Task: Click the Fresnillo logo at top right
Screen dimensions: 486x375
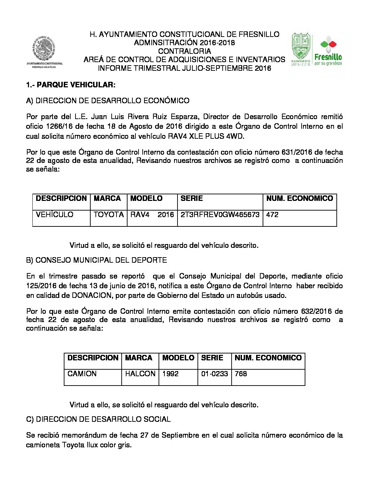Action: pyautogui.click(x=317, y=50)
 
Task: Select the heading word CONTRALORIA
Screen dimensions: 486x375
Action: pyautogui.click(x=184, y=51)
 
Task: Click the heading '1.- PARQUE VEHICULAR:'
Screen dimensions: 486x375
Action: pyautogui.click(x=71, y=85)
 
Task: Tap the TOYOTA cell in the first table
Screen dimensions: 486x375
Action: pyautogui.click(x=109, y=215)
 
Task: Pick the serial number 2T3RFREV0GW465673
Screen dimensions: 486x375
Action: pyautogui.click(x=220, y=215)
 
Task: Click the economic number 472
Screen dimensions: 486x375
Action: pyautogui.click(x=272, y=215)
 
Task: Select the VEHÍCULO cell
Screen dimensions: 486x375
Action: pyautogui.click(x=54, y=215)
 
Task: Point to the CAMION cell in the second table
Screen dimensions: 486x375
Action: pyautogui.click(x=82, y=374)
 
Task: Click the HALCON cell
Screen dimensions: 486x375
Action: pyautogui.click(x=140, y=374)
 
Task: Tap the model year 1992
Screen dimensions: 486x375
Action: pyautogui.click(x=170, y=374)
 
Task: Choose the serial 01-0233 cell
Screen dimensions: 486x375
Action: pyautogui.click(x=214, y=374)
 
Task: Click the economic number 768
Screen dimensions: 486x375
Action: pyautogui.click(x=241, y=374)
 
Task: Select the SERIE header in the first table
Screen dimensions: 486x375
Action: pyautogui.click(x=192, y=198)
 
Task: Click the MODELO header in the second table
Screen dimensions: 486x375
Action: pyautogui.click(x=178, y=358)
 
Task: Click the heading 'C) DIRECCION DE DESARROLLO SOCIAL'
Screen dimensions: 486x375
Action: pyautogui.click(x=98, y=419)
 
